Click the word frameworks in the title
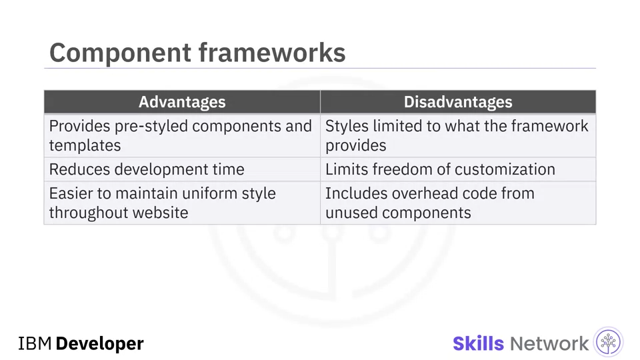tap(272, 53)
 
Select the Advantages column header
tap(182, 102)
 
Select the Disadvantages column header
tap(458, 102)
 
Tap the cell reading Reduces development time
tap(182, 169)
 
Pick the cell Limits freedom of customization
tap(458, 169)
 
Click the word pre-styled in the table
tap(151, 127)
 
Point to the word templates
tap(85, 146)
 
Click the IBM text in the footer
tap(35, 344)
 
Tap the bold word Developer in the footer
tap(99, 344)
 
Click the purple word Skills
tap(479, 344)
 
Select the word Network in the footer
tap(549, 344)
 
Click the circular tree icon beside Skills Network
tap(608, 342)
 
